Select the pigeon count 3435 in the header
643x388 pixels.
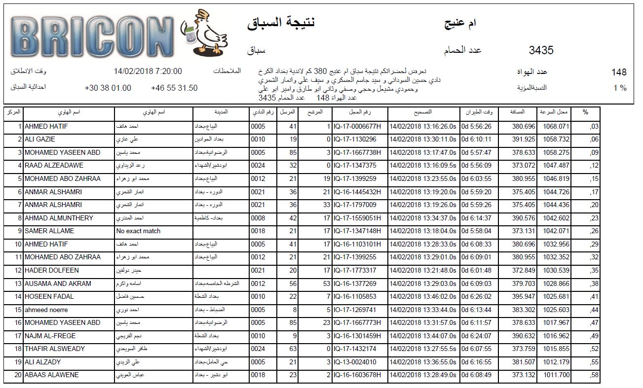coord(541,50)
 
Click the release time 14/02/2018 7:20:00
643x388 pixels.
coord(148,71)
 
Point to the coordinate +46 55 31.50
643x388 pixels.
coord(174,88)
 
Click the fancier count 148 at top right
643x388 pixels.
coord(618,72)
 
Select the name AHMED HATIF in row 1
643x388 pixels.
coord(46,127)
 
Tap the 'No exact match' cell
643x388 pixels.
coord(138,231)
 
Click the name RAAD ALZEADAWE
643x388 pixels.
coord(54,166)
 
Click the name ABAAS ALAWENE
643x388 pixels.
coord(51,375)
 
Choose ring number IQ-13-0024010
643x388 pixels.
coord(355,361)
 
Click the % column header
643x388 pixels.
coord(585,112)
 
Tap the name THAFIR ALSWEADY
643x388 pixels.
coord(54,349)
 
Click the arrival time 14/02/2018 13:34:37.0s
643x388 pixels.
coord(423,218)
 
